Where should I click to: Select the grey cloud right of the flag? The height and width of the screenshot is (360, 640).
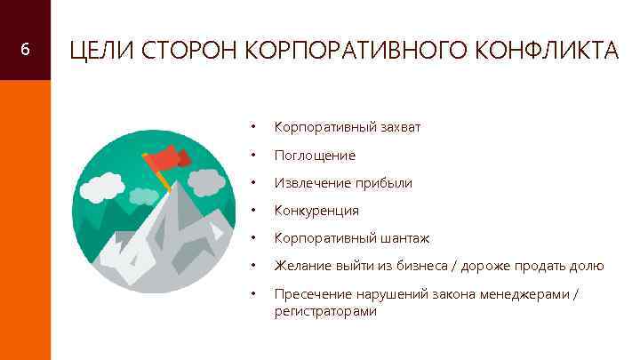click(x=204, y=181)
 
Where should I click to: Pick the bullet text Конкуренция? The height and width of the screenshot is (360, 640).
click(x=316, y=211)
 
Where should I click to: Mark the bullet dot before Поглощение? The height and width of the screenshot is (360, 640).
click(x=254, y=156)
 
